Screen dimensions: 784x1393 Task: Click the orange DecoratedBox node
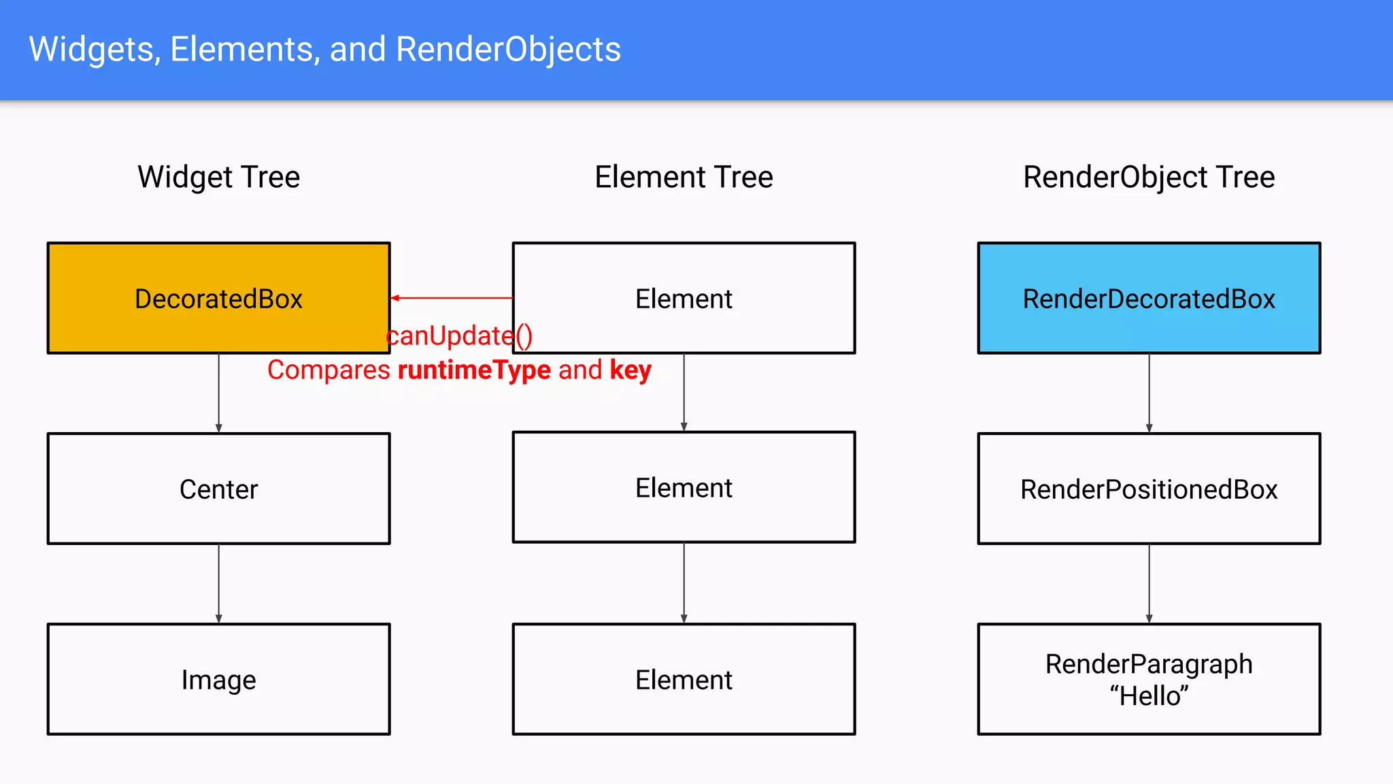(218, 298)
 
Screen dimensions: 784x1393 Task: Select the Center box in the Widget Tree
(218, 489)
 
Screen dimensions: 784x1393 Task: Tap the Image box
(218, 679)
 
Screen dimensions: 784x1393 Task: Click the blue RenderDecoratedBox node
(1149, 298)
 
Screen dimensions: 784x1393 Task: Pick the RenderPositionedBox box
(1149, 489)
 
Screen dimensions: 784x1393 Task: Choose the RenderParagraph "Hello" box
(1149, 679)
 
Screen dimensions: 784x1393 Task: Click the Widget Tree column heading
(218, 177)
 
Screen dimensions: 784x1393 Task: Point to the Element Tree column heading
(684, 177)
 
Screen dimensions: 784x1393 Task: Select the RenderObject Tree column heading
(1149, 177)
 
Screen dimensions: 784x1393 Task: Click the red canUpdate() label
(459, 336)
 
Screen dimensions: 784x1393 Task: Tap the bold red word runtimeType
(474, 370)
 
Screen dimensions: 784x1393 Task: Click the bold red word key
(631, 370)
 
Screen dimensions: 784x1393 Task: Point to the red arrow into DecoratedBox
(452, 298)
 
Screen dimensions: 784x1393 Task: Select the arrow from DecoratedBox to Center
(219, 393)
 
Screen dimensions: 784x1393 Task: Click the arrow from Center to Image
(219, 583)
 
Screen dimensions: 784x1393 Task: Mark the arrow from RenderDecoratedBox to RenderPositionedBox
(1149, 393)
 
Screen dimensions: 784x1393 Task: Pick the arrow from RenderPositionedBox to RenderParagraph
(1149, 583)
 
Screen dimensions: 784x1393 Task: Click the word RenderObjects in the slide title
(508, 49)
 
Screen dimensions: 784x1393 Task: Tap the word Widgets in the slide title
(95, 49)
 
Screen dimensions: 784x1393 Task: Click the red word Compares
(329, 370)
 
